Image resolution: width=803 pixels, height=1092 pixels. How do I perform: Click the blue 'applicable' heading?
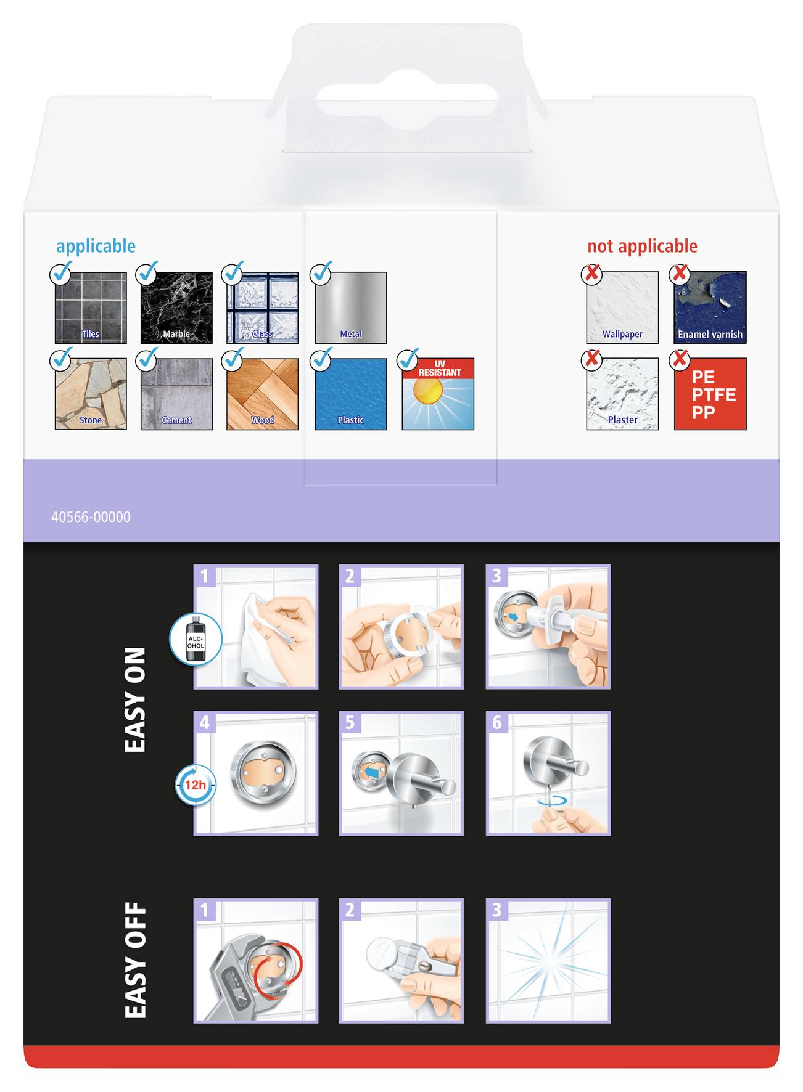[96, 247]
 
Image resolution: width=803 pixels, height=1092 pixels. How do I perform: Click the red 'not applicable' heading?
[642, 247]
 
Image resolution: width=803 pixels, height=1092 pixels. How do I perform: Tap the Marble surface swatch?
[176, 308]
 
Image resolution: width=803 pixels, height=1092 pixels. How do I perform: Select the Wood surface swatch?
[262, 394]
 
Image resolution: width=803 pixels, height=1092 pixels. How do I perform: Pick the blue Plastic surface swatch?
[351, 394]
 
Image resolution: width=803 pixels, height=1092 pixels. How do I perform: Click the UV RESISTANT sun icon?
[438, 394]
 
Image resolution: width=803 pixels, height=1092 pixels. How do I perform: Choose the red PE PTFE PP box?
[710, 394]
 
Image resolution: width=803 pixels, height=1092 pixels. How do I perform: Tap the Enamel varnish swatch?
[710, 308]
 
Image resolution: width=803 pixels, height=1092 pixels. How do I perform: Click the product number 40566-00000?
[91, 517]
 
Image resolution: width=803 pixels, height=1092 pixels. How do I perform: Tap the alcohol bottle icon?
[196, 639]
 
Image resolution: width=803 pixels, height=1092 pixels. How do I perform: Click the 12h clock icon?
[196, 785]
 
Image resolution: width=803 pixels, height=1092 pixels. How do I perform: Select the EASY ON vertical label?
[135, 699]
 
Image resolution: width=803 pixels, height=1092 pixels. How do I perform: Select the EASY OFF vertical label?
[135, 960]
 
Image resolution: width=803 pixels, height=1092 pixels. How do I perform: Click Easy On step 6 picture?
[548, 773]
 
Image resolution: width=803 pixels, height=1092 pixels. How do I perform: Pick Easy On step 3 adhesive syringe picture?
[548, 627]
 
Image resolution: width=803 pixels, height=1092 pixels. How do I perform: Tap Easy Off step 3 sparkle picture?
[548, 961]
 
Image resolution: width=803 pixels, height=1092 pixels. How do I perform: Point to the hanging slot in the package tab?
[407, 100]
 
